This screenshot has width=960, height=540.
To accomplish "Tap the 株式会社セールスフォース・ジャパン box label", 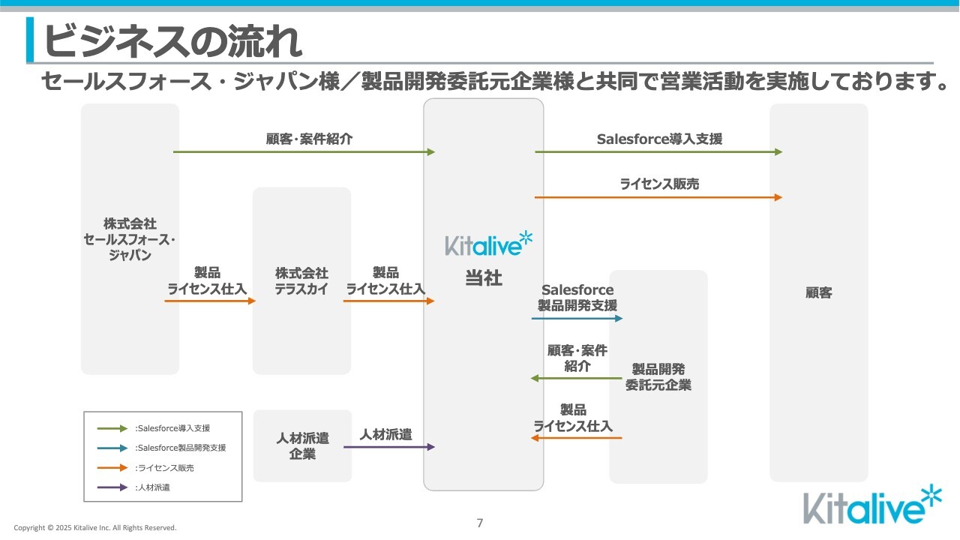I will (x=130, y=239).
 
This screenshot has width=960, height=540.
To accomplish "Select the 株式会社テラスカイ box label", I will (x=301, y=281).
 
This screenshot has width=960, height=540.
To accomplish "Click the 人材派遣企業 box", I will (x=302, y=445).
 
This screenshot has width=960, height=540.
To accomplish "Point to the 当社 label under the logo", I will (x=483, y=279).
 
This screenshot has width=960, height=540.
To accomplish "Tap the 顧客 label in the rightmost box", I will (x=818, y=293).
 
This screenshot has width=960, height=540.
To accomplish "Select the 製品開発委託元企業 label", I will (x=658, y=377).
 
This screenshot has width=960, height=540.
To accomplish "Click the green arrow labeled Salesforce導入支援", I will (x=658, y=152).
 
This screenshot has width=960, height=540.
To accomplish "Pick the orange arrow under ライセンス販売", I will (x=658, y=197).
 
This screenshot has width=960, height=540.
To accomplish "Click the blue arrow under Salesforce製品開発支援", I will (x=577, y=319).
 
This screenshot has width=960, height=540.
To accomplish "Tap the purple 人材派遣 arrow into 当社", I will (x=389, y=447).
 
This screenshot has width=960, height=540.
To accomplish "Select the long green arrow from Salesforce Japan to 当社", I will (x=304, y=152).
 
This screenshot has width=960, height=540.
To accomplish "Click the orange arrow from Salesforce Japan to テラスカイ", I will (x=210, y=301).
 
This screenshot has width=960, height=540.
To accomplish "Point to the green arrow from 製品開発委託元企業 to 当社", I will (x=577, y=378).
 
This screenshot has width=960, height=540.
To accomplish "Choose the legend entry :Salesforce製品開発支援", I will (x=180, y=448).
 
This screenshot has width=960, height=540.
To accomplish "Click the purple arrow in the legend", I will (x=112, y=487).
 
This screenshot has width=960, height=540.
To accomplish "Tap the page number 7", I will (x=480, y=523).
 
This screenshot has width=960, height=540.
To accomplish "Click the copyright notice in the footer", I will (x=95, y=528).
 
